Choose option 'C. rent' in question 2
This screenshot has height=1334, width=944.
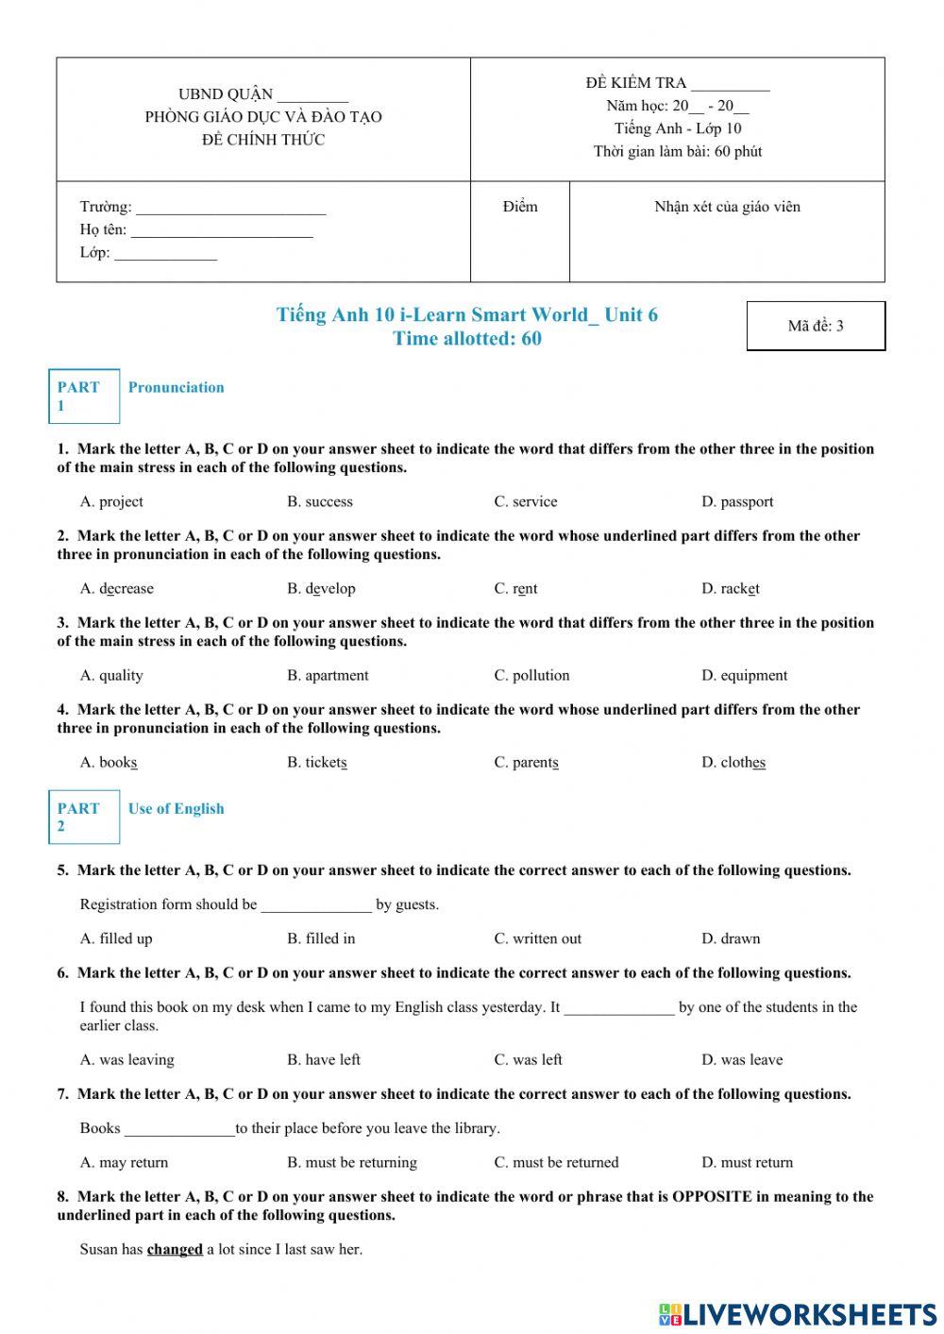pos(515,588)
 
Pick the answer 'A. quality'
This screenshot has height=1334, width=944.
pos(111,675)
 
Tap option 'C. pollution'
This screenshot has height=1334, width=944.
pos(531,675)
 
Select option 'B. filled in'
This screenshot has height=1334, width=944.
pos(321,938)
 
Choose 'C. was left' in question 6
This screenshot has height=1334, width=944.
pos(528,1059)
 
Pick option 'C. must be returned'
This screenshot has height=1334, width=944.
pos(556,1162)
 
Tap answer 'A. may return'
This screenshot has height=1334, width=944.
pos(124,1162)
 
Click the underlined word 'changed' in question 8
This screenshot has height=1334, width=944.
pos(175,1249)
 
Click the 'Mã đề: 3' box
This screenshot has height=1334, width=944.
pos(816,326)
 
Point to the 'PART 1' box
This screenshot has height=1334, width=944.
pos(84,396)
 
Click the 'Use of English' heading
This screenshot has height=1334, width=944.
pos(176,808)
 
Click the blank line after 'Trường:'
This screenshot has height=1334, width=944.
pos(231,208)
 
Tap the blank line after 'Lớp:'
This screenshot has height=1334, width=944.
pos(165,253)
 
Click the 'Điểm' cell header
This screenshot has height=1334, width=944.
pos(519,207)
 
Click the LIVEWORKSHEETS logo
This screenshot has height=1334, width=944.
pos(798,1313)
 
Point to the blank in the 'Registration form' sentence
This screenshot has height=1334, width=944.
pos(316,904)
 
